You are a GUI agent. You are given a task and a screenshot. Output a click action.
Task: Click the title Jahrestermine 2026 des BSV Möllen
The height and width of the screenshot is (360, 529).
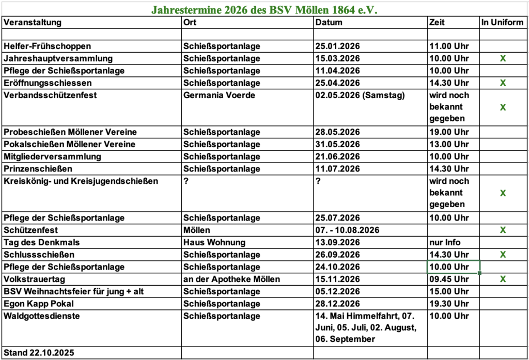click(264, 9)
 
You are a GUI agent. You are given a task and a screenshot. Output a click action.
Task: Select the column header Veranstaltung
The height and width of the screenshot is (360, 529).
click(33, 22)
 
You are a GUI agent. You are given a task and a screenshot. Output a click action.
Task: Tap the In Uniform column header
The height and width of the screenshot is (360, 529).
click(502, 22)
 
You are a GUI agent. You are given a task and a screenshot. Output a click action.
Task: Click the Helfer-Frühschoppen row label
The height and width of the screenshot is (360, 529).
click(47, 46)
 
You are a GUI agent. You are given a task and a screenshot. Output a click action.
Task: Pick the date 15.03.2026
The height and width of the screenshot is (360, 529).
click(337, 58)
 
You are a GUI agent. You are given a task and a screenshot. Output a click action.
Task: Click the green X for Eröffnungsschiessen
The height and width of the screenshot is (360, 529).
click(503, 83)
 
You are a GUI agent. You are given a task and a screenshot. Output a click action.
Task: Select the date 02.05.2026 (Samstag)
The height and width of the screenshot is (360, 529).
click(360, 95)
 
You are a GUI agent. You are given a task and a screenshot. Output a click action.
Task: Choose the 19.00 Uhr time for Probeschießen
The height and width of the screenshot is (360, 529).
click(449, 132)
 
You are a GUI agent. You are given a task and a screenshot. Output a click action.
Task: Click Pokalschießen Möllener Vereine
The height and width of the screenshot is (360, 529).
click(69, 144)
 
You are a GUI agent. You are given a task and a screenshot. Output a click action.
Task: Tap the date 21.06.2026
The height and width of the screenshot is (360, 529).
click(337, 156)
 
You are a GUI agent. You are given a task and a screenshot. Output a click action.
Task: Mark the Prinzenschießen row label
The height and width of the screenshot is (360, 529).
click(38, 169)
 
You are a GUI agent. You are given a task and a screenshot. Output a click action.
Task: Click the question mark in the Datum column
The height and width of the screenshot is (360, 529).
click(318, 181)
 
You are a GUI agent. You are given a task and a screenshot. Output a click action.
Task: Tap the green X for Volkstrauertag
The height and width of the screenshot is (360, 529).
click(503, 279)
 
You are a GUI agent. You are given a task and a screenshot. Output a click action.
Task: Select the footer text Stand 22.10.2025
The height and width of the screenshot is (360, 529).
click(39, 353)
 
